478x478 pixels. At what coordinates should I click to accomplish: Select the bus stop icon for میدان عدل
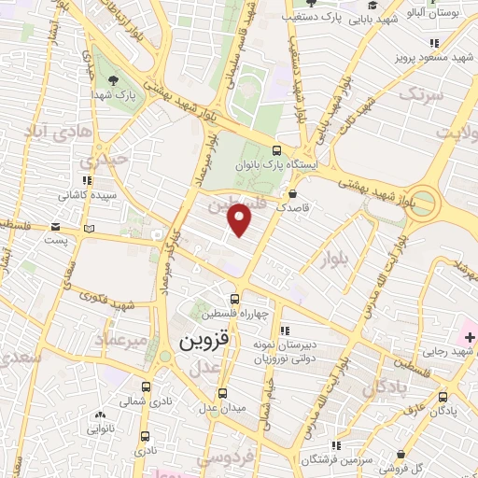pyautogui.click(x=221, y=393)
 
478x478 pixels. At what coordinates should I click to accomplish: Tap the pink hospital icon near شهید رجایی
pyautogui.click(x=468, y=334)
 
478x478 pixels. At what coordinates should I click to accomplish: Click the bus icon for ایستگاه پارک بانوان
pyautogui.click(x=276, y=149)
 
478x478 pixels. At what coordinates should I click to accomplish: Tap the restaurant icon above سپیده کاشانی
pyautogui.click(x=87, y=180)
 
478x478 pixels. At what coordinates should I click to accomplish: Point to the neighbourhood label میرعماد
pyautogui.click(x=120, y=340)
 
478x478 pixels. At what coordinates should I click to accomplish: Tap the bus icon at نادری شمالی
pyautogui.click(x=146, y=387)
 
